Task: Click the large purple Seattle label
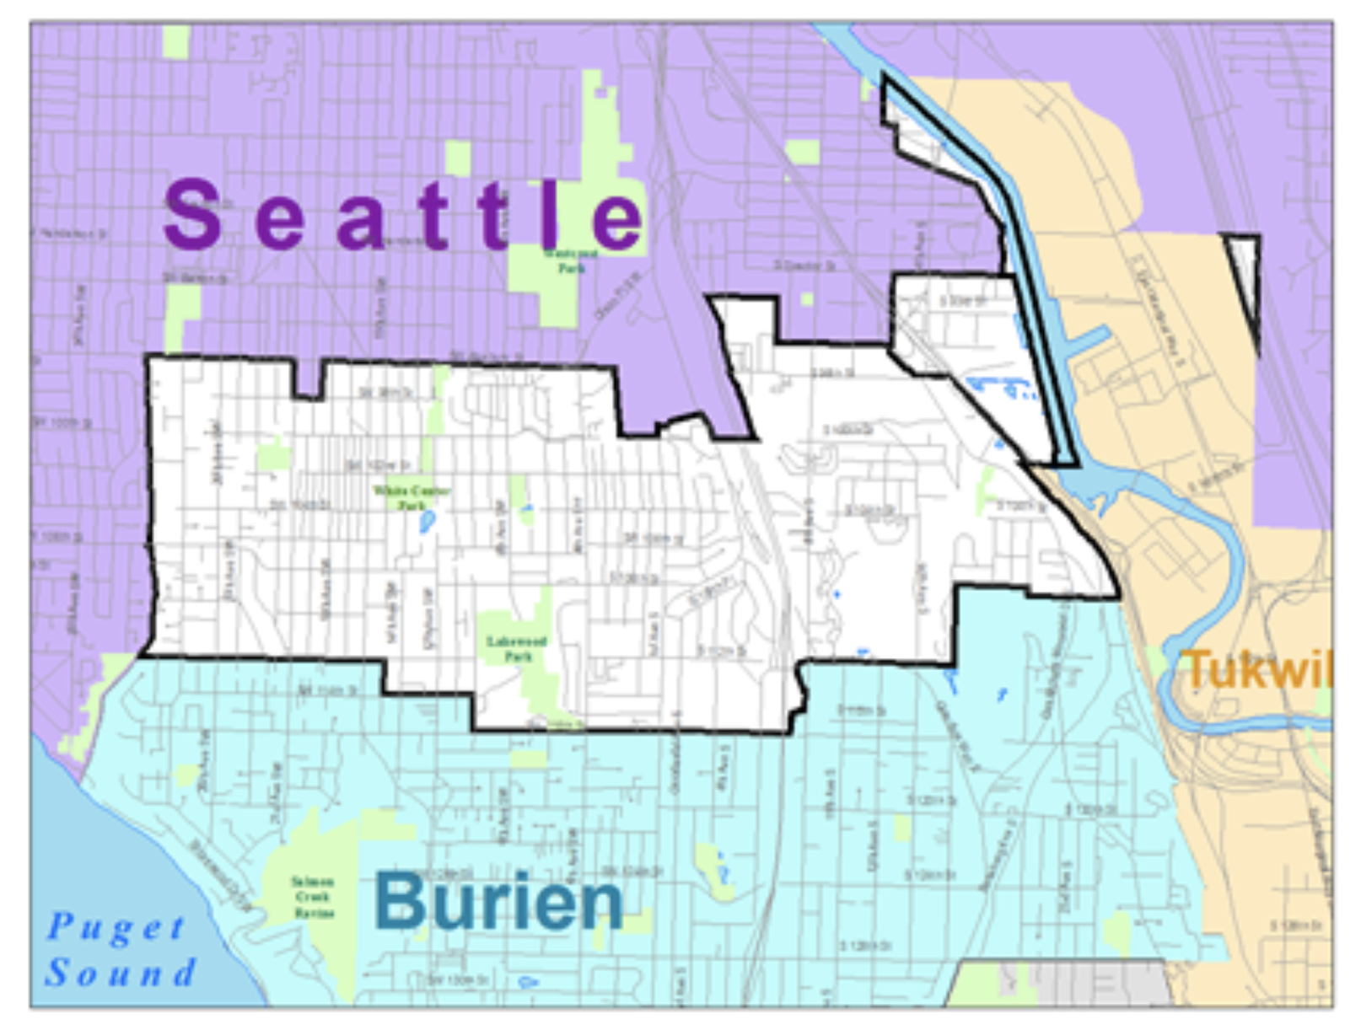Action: tap(403, 216)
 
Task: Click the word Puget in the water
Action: tap(116, 927)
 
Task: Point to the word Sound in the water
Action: tap(121, 973)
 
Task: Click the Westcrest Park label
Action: tap(571, 260)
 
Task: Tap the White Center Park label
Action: tap(412, 497)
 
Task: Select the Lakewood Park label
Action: tap(516, 647)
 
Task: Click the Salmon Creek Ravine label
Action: tap(313, 897)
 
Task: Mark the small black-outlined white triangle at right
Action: tap(1245, 270)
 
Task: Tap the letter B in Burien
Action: tap(400, 900)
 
